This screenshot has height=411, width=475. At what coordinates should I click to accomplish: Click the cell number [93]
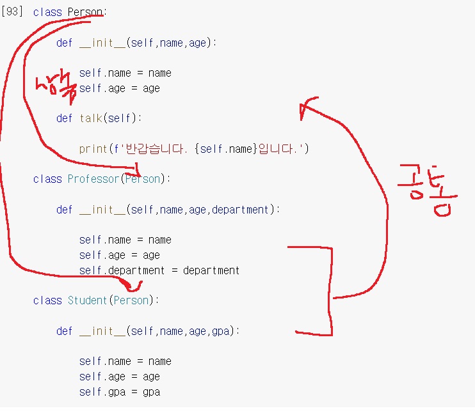point(12,12)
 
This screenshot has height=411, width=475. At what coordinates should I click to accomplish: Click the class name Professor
point(93,179)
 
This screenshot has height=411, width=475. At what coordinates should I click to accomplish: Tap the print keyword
point(93,149)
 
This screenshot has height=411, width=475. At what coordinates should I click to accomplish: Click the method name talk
point(92,118)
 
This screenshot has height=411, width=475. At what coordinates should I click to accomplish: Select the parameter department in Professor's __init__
point(246,210)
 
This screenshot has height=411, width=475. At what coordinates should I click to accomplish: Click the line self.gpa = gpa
point(119,392)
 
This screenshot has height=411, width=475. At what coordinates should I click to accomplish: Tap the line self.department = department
point(159,270)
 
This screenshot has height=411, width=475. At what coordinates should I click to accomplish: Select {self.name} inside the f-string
point(227,149)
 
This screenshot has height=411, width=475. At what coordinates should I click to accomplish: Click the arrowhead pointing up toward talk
point(307,107)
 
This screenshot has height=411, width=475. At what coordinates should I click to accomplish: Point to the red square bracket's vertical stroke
point(331,291)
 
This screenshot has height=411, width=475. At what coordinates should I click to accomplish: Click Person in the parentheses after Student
point(131,300)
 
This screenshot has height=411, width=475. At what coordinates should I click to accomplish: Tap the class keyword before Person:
point(47,12)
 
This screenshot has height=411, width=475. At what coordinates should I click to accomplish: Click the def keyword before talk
point(64,118)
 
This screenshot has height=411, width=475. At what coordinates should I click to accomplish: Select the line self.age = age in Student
point(119,376)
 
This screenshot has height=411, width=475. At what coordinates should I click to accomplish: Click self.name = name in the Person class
point(125,73)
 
